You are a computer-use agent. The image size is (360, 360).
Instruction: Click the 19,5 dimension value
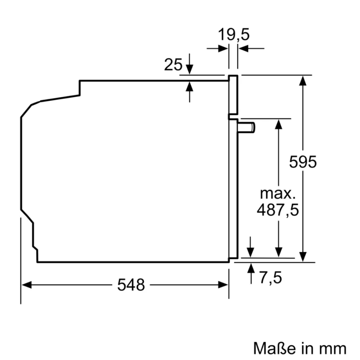point(234,35)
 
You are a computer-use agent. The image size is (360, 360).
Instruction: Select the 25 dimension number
point(173,65)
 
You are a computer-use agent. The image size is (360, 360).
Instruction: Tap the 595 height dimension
point(303,162)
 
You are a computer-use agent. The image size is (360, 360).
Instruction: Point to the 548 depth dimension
point(131,285)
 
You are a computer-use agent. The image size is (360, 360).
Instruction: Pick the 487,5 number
point(278,210)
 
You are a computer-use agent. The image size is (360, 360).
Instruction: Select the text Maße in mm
point(300,348)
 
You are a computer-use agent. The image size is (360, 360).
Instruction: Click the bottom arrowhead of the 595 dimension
point(303,257)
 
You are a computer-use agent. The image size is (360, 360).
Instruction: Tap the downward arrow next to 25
point(189,68)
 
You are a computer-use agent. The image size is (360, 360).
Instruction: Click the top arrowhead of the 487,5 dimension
point(278,123)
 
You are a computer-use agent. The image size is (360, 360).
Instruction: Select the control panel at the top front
point(233,95)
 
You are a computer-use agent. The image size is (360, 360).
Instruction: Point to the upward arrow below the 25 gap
point(189,87)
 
